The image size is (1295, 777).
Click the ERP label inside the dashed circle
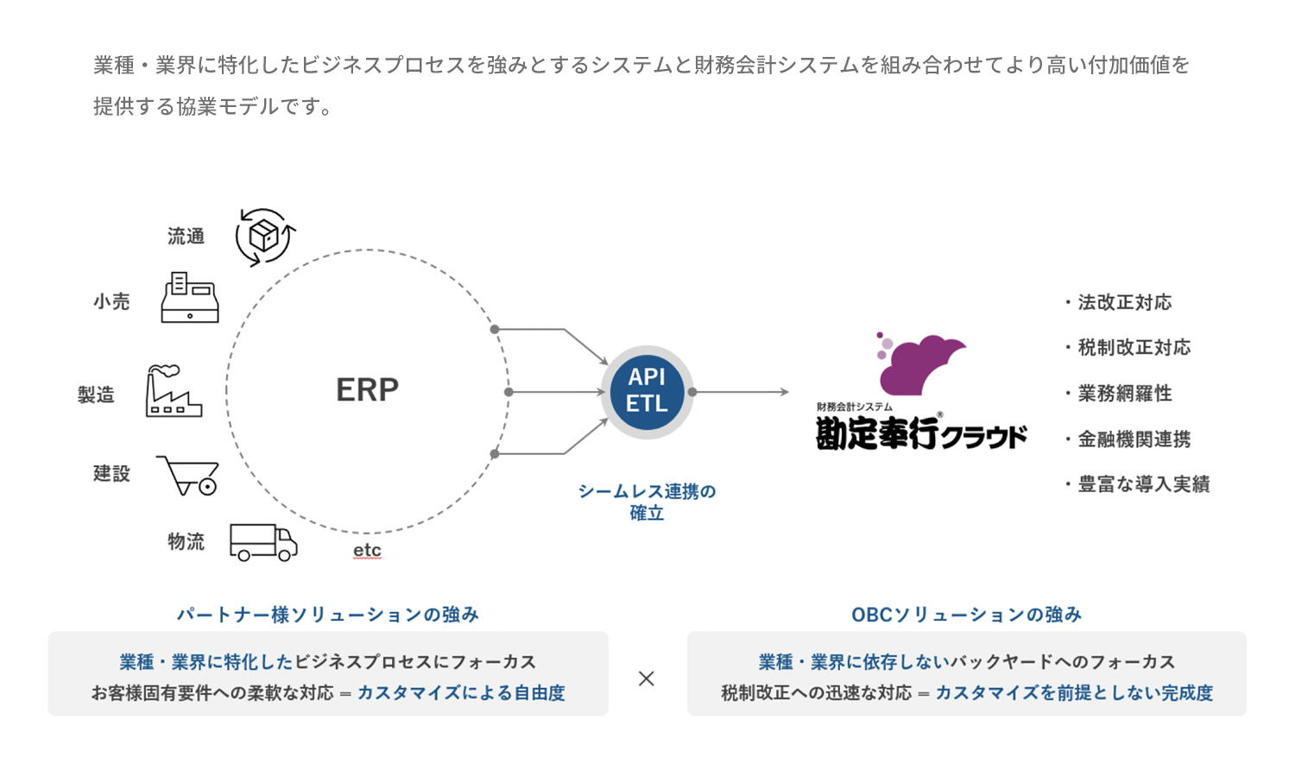click(367, 389)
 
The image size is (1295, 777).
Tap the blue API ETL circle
click(647, 391)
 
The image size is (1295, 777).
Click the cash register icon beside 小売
click(190, 297)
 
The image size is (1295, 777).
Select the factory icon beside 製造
click(174, 391)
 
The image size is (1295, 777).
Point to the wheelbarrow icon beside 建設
click(188, 475)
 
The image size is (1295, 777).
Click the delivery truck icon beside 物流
click(263, 542)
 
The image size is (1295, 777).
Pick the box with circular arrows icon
click(265, 237)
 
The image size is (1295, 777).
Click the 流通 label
click(186, 237)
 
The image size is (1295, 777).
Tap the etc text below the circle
click(367, 551)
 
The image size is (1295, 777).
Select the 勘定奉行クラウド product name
click(921, 433)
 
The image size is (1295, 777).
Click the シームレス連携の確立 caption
click(647, 502)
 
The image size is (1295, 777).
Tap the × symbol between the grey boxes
click(647, 678)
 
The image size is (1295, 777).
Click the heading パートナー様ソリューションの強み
click(328, 614)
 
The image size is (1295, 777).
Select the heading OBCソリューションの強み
click(967, 614)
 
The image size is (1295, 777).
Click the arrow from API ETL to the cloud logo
click(741, 392)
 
